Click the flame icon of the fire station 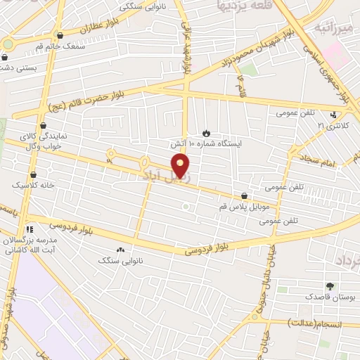[x=205, y=132]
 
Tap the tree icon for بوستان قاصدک [x=330, y=286]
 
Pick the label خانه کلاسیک [x=34, y=185]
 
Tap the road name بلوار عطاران [x=95, y=31]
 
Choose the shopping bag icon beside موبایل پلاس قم [x=244, y=196]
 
